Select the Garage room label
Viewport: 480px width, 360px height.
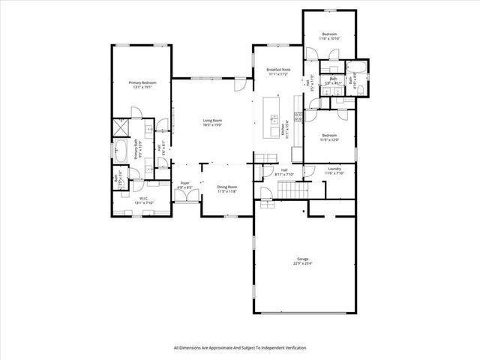coord(302,261)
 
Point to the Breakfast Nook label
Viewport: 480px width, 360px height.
coord(277,73)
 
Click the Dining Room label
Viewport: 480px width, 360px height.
coord(227,189)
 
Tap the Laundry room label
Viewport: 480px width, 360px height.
coord(334,171)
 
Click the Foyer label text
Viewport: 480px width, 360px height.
coord(184,184)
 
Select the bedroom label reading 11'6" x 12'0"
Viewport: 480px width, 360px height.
coord(330,138)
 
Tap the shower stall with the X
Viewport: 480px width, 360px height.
coord(120,127)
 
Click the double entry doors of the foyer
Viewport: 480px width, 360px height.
coord(183,196)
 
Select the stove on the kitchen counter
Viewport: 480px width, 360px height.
coord(298,116)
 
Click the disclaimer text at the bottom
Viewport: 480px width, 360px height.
coord(240,347)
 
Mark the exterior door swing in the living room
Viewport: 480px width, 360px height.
coord(238,85)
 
